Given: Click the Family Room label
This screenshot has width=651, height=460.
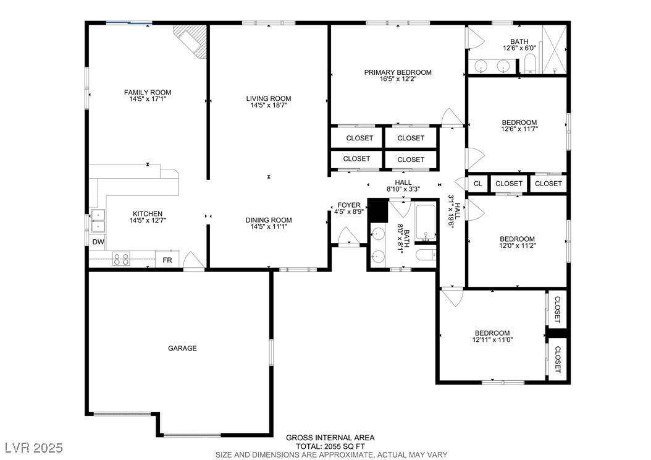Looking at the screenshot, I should (147, 93).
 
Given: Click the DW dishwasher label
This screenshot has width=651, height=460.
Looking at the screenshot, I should (98, 242).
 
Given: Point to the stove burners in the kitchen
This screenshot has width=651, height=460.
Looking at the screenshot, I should (120, 260).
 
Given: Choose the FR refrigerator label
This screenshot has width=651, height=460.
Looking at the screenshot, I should (167, 260).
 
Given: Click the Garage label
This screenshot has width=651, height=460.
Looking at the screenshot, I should (182, 349).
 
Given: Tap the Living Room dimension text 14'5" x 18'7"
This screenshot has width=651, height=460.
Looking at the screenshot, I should (268, 106).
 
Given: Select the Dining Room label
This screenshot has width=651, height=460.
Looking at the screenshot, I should (268, 220).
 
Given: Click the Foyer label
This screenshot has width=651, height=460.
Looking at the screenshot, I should (348, 205).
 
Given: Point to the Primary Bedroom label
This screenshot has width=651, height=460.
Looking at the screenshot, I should (397, 72).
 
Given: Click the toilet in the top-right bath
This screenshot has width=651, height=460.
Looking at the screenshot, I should (529, 64).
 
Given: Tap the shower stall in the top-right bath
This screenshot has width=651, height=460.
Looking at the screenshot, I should (554, 49).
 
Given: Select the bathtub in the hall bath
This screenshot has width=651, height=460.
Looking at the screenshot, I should (426, 223).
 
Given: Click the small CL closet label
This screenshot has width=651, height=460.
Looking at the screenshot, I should (477, 184).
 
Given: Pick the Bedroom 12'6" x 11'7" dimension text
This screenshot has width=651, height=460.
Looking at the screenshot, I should (519, 130).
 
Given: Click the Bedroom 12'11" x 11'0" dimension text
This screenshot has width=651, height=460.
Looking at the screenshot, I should (492, 340).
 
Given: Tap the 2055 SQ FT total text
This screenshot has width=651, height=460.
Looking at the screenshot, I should (330, 446).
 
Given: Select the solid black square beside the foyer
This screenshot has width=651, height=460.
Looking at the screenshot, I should (377, 211).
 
